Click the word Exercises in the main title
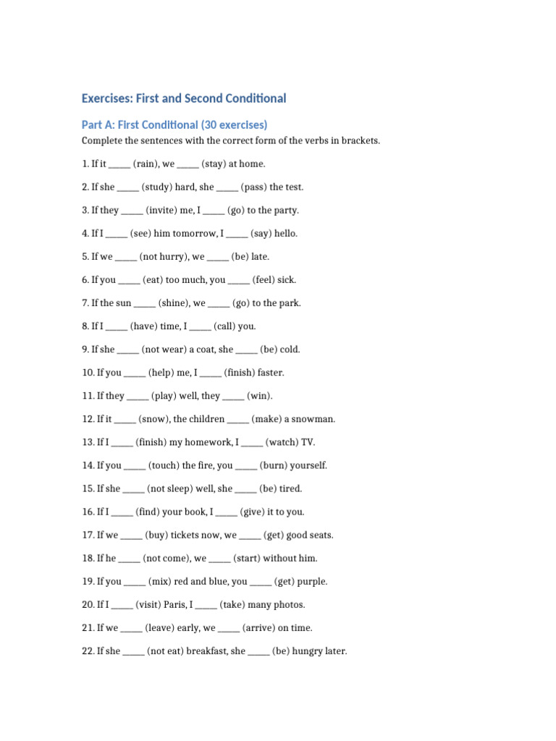pos(106,98)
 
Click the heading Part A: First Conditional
pos(174,124)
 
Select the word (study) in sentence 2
pos(156,187)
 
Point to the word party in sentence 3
pos(283,211)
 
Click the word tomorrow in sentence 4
pos(193,234)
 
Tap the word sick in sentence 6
pos(286,280)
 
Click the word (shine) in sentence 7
pos(174,303)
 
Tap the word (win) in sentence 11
pos(260,396)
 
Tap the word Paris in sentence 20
pos(173,605)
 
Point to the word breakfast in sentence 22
pos(207,651)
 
